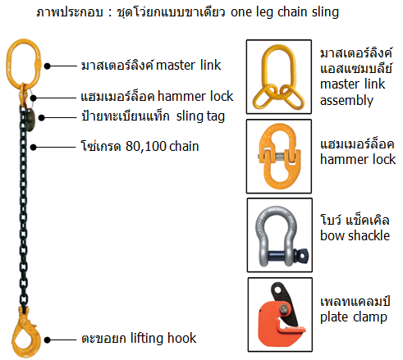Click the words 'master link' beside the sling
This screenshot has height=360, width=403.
(x=188, y=65)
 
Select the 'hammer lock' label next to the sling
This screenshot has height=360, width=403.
(x=195, y=96)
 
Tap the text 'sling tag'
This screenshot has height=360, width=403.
(x=200, y=116)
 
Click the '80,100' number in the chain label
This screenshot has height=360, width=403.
(x=146, y=146)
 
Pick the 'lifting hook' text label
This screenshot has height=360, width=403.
(x=163, y=338)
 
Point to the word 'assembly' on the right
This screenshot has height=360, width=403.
(x=346, y=101)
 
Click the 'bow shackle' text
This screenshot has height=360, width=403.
(x=355, y=235)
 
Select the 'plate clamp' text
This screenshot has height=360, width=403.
(x=354, y=317)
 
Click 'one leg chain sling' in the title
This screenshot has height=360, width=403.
(x=285, y=12)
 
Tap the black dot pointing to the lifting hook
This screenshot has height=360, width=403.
(x=48, y=339)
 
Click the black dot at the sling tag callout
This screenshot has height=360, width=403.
(x=42, y=117)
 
